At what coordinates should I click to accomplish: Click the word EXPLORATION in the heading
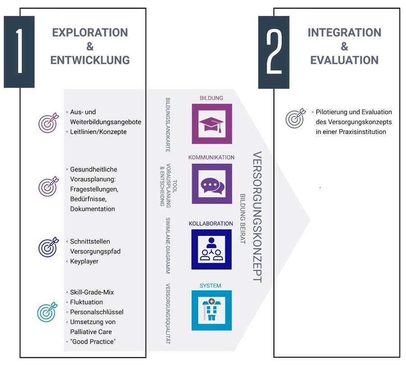[90, 32]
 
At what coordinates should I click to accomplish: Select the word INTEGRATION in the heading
[344, 32]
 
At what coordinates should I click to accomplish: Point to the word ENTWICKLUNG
[90, 60]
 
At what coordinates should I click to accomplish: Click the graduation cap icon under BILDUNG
[212, 124]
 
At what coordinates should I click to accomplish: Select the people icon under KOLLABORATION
[212, 249]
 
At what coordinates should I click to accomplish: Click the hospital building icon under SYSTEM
[212, 310]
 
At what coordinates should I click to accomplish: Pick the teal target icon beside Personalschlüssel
[47, 312]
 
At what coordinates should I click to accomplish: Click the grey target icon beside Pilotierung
[295, 118]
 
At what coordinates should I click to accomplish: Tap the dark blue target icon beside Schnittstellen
[48, 247]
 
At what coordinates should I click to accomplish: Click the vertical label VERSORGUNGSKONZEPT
[257, 217]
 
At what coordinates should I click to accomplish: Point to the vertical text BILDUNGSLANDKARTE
[168, 125]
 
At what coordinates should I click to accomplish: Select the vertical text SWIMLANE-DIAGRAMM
[168, 246]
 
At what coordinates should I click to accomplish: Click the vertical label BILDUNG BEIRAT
[242, 219]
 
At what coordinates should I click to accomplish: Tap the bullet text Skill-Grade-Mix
[92, 292]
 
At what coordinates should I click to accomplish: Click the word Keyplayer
[84, 261]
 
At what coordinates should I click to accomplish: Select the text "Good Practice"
[93, 342]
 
